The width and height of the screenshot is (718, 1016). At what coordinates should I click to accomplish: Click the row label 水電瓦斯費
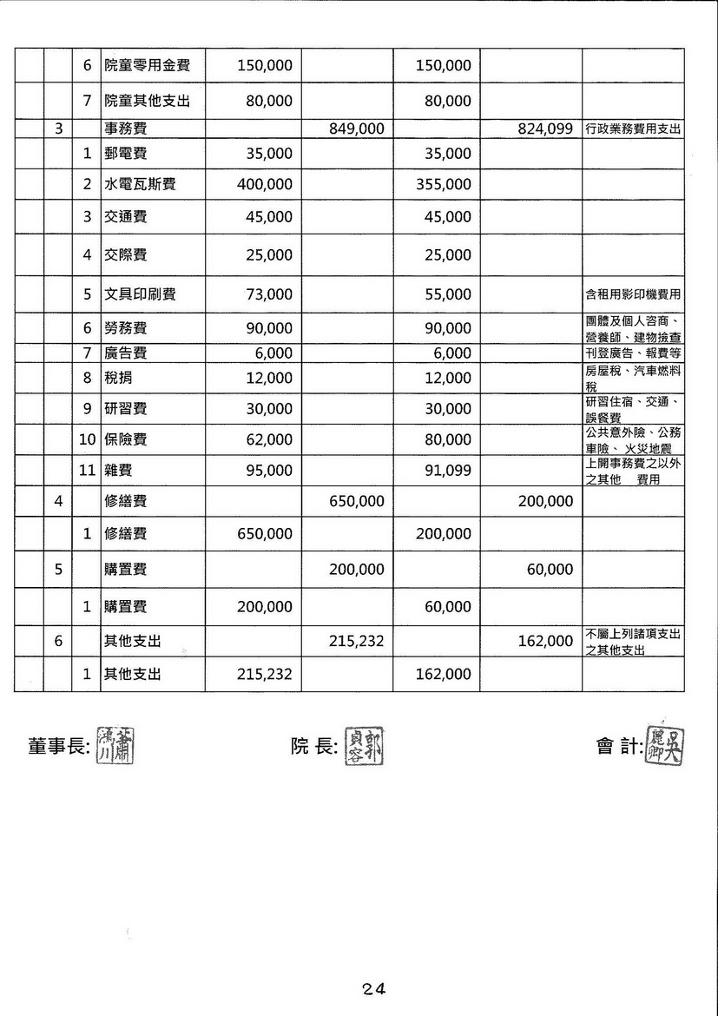click(x=140, y=184)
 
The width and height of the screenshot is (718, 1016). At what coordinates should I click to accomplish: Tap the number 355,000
click(x=444, y=184)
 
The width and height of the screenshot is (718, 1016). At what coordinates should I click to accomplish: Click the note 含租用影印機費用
click(x=633, y=294)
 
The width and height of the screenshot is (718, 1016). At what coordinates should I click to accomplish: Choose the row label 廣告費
click(x=125, y=353)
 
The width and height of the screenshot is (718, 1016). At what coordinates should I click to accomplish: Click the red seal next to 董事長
click(x=116, y=744)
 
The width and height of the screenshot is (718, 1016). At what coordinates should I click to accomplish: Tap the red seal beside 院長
click(x=366, y=744)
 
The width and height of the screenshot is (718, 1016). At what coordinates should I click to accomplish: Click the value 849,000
click(x=357, y=129)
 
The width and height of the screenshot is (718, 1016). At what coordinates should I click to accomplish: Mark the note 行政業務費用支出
click(x=633, y=129)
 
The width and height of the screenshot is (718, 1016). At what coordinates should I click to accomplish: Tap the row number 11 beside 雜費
click(x=86, y=470)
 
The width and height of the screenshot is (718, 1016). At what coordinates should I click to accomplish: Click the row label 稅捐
click(x=118, y=378)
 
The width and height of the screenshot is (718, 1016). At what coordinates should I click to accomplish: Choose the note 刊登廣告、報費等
click(x=633, y=353)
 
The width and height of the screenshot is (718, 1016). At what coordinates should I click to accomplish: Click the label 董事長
click(x=59, y=746)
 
